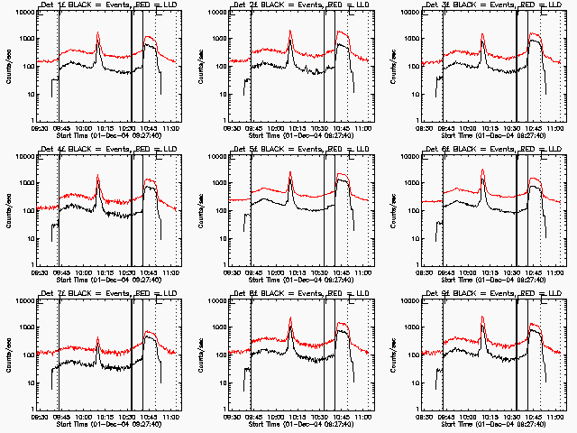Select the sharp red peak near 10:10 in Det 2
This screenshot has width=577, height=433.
pos(290,32)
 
